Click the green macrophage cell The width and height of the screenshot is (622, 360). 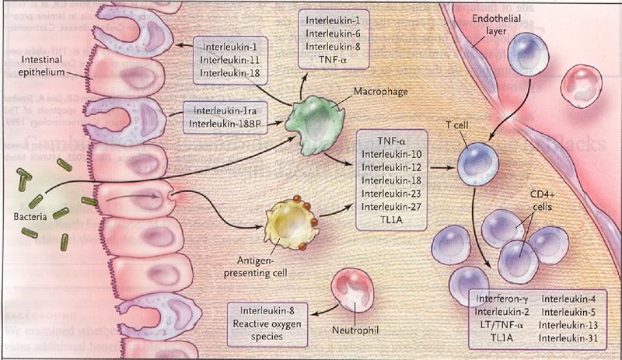click(x=307, y=124)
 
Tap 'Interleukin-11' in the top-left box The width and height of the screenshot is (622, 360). click(x=231, y=60)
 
